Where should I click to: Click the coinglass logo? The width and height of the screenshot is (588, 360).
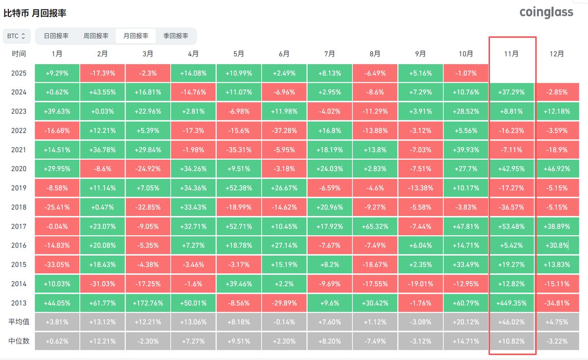tap(546, 12)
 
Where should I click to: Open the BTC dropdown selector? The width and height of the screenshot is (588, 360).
tap(17, 36)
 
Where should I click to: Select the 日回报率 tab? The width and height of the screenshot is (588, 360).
tap(56, 36)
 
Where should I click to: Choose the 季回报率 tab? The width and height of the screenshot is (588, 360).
tap(175, 36)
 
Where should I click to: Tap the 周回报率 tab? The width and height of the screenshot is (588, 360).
tap(96, 36)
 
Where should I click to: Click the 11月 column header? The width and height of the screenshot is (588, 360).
tap(512, 54)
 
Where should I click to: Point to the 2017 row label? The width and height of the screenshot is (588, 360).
tap(19, 226)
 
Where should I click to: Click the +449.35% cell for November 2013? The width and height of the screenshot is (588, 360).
tap(512, 303)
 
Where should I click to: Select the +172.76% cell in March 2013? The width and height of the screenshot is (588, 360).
tap(148, 303)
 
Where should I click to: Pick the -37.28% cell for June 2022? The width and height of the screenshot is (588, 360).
tap(284, 130)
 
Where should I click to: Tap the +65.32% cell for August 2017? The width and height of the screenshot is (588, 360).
tap(375, 226)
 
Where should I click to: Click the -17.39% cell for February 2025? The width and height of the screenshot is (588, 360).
tap(102, 73)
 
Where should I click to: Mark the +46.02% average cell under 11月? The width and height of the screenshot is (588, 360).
tap(512, 322)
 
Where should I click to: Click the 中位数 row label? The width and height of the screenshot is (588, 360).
tap(19, 341)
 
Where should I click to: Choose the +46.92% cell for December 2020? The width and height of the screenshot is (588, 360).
tap(557, 168)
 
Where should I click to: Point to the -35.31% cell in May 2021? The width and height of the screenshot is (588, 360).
tap(239, 149)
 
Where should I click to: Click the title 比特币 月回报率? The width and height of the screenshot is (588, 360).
tap(35, 13)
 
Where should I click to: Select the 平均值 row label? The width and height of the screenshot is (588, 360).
tap(19, 322)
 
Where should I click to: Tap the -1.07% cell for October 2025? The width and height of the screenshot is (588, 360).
tap(466, 73)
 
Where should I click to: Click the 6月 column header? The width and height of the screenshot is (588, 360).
tap(284, 54)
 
